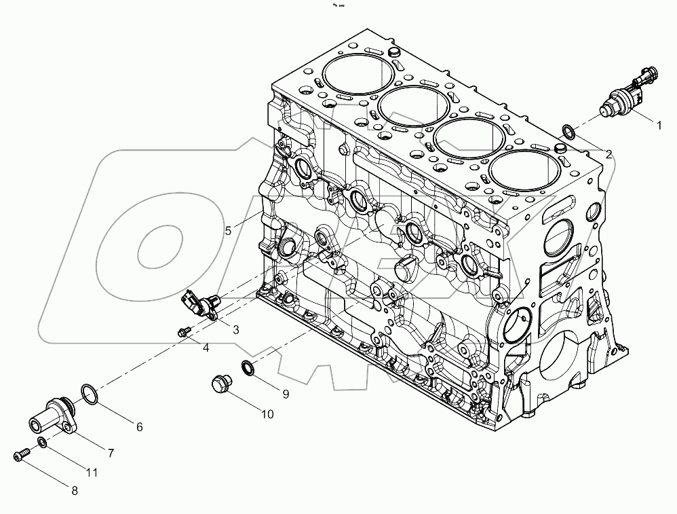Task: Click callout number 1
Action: [657, 124]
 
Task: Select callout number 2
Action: [608, 154]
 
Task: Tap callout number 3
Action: [235, 330]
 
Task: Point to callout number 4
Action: [206, 348]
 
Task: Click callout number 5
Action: [229, 230]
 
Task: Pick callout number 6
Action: [139, 427]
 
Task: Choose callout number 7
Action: [110, 452]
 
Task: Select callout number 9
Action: [286, 393]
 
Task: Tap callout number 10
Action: [267, 414]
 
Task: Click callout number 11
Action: [91, 472]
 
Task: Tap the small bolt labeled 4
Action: [182, 332]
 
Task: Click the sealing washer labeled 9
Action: [248, 368]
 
